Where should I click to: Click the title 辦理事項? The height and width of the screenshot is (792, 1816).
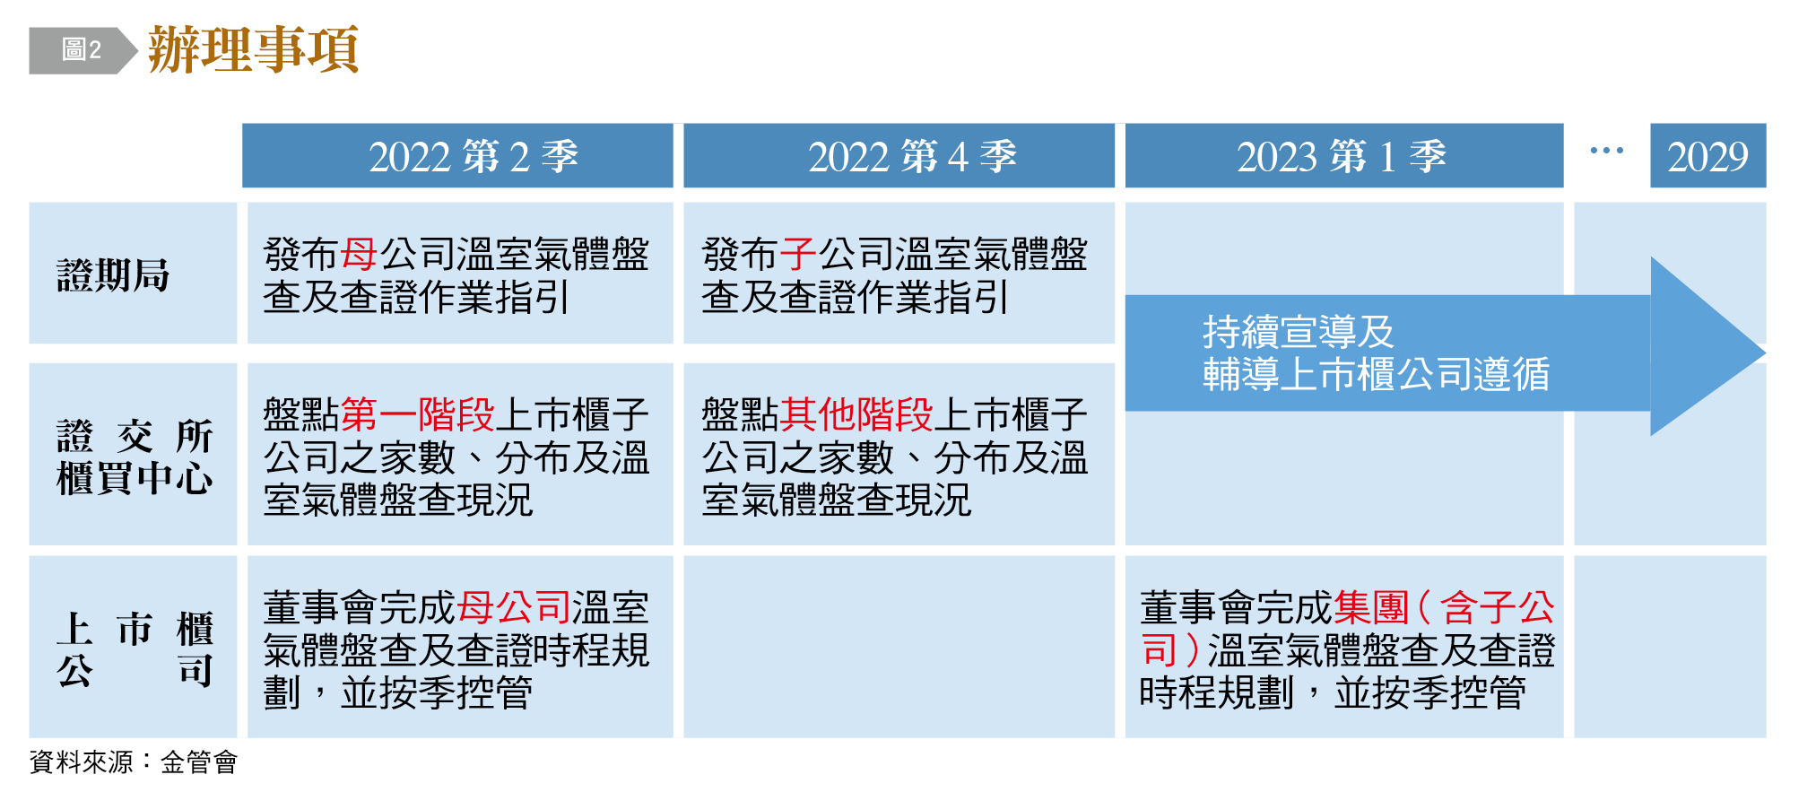pos(253,49)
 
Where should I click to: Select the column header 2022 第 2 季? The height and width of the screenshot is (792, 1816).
pos(457,156)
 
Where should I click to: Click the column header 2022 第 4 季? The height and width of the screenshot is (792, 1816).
pos(899,156)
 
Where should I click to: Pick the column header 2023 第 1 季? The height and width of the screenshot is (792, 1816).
pos(1343,156)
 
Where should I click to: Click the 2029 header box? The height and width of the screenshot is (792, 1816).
pos(1707,156)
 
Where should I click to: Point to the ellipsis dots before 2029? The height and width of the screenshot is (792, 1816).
pos(1606,151)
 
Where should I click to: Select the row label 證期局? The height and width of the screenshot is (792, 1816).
pos(113,275)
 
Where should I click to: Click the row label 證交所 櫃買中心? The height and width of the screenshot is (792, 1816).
pos(135,457)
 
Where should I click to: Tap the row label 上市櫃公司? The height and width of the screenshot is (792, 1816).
pos(135,649)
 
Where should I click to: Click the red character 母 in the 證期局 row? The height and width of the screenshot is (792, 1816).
pos(359,255)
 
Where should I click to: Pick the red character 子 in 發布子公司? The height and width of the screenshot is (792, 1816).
pos(798,255)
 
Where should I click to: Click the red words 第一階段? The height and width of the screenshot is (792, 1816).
pos(418,415)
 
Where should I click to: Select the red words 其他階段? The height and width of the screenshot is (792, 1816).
pos(856,415)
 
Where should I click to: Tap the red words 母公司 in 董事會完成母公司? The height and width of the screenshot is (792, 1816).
pos(514,608)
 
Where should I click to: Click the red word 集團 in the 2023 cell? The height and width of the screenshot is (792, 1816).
pos(1371,608)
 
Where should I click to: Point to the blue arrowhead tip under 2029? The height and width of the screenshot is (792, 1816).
pos(1764,353)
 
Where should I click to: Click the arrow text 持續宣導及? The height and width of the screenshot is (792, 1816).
pos(1299,332)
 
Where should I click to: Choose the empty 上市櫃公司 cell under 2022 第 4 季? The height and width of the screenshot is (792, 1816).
pos(899,647)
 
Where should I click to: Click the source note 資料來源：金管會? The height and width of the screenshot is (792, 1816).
pos(134,762)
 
